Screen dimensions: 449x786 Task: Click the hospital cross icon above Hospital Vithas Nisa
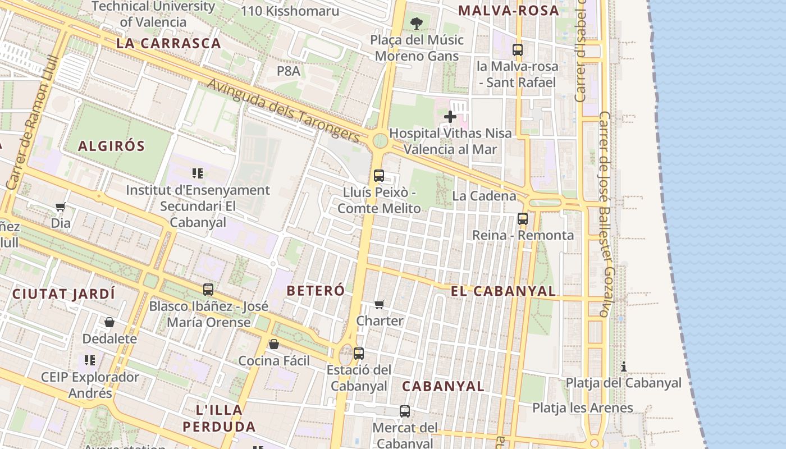pos(450,117)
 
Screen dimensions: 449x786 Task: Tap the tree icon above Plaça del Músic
pos(417,23)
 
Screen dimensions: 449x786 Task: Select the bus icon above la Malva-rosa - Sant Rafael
pos(518,50)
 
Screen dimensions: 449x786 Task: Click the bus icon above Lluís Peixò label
pos(379,176)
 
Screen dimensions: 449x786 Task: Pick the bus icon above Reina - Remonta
pos(523,219)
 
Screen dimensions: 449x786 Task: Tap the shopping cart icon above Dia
pos(61,207)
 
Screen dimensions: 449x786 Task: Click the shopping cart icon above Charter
pos(380,304)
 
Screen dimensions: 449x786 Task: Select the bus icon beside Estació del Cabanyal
pos(359,354)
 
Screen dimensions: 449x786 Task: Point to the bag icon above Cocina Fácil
pos(274,344)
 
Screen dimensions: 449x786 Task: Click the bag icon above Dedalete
pos(109,322)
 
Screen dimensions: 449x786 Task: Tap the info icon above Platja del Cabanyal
pos(624,366)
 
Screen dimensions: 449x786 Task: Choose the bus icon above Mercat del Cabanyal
pos(405,411)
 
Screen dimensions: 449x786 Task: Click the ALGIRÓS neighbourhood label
pos(111,146)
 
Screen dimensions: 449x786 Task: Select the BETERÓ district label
pos(316,291)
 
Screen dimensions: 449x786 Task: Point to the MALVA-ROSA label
pos(509,10)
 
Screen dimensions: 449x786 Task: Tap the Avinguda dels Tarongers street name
pos(284,110)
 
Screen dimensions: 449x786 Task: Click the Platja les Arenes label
pos(583,408)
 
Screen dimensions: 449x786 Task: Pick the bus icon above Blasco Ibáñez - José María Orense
pos(208,290)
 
